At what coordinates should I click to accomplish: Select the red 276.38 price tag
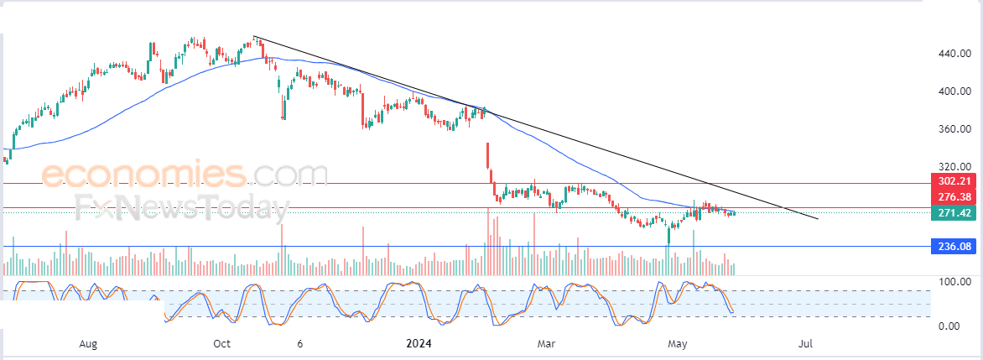pos(954,197)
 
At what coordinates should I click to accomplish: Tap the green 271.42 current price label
pos(954,213)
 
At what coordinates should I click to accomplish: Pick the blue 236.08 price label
pos(954,247)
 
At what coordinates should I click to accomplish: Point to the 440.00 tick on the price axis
pos(955,54)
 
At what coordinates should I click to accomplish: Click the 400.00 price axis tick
pos(955,91)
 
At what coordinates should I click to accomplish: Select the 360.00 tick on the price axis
pos(955,129)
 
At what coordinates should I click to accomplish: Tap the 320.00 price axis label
pos(955,167)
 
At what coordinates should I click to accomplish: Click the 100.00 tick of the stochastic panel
pos(955,282)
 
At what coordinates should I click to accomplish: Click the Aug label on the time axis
pos(88,344)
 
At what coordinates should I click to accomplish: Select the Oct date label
pos(222,344)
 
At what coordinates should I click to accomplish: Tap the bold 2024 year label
pos(419,344)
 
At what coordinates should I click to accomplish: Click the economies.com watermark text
pos(185,175)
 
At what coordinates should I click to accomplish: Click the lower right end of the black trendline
pos(818,219)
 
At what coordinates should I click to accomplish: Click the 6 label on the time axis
pos(299,344)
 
